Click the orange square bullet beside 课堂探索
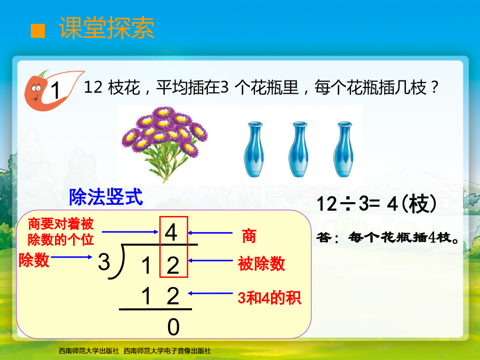point(38,31)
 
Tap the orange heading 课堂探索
point(107,28)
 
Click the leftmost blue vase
point(254,149)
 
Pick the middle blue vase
point(299,149)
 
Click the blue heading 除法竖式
point(106,197)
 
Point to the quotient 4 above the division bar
point(171,233)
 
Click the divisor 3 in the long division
point(104,262)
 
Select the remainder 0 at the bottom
point(173,327)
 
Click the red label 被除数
point(261,263)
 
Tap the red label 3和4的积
point(269,298)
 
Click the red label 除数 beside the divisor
point(34,260)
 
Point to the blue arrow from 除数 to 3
point(71,257)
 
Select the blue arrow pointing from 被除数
point(210,260)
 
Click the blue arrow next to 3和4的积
point(210,293)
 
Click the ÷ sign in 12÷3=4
point(348,204)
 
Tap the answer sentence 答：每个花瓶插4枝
point(388,237)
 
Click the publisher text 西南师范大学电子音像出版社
point(167,351)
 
